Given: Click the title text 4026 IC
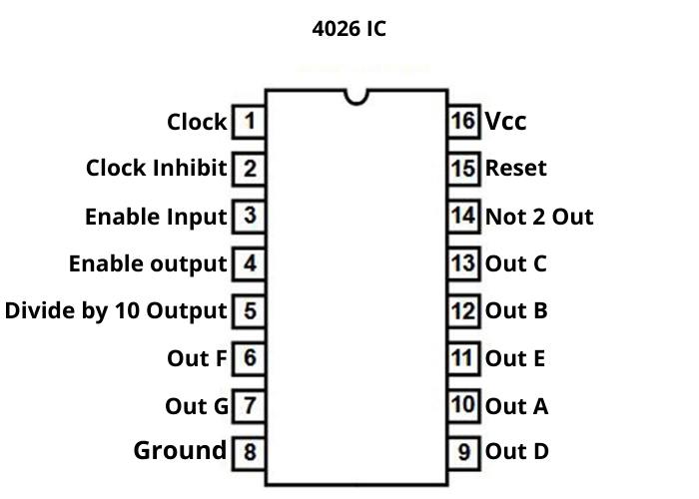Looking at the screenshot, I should [349, 28].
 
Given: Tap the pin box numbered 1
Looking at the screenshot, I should [249, 122].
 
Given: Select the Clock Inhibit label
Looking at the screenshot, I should [157, 168].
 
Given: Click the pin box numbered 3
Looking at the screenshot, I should [249, 216].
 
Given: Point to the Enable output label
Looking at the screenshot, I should [148, 263].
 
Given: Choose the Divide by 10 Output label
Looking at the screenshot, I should [116, 310].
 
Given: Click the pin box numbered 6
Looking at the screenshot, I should [249, 357].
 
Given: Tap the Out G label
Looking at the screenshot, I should [197, 406].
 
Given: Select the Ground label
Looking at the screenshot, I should [180, 450].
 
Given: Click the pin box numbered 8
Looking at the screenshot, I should [249, 452].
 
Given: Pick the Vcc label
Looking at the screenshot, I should [505, 122].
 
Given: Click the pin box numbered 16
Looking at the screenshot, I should [463, 122].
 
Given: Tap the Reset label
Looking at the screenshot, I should [516, 168].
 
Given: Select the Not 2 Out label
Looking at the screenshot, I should [539, 216].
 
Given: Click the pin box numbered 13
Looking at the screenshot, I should [463, 263].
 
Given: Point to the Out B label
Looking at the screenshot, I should [516, 310].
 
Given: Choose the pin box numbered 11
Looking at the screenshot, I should [463, 357].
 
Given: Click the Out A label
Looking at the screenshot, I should [516, 406].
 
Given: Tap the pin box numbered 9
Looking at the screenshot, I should [463, 452].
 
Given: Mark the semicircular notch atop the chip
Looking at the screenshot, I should [354, 96].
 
